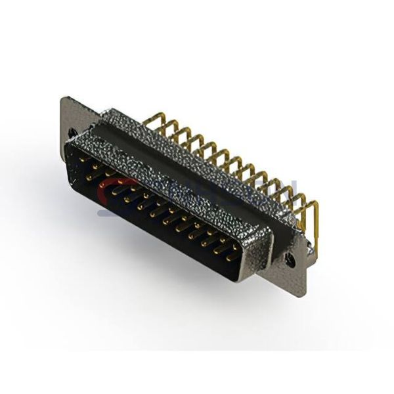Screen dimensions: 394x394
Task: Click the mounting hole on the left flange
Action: click(72, 132)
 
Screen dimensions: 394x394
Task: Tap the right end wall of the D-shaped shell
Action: click(259, 253)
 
